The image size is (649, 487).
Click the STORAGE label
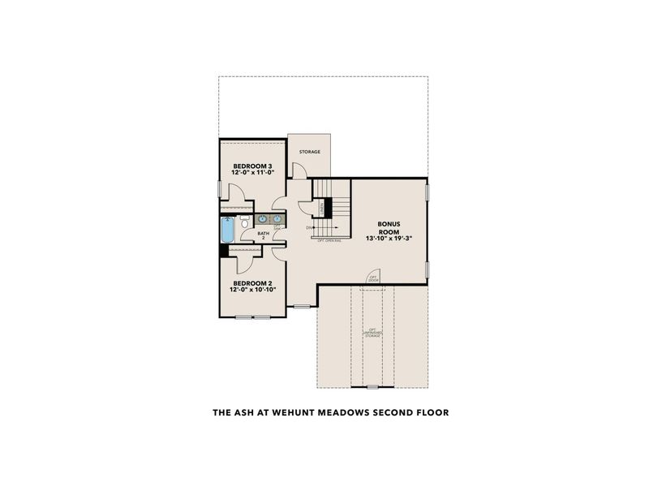coord(309,152)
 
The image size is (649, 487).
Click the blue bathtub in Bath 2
coord(228,230)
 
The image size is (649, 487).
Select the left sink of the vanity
coord(263,219)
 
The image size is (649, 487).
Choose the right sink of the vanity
coord(277,219)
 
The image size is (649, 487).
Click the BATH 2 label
coord(264,235)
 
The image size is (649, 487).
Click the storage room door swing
coord(299,170)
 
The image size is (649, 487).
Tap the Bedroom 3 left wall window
coord(220,187)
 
